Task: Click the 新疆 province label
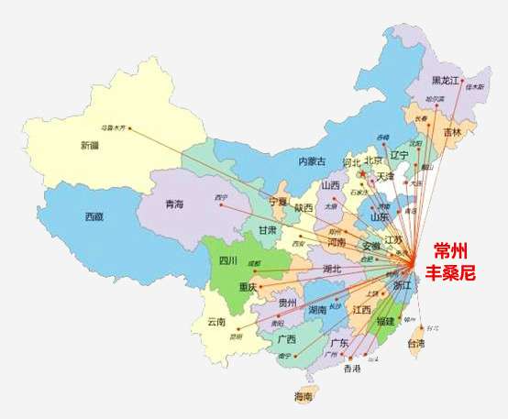90,145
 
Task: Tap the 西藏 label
94,217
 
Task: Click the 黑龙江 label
447,80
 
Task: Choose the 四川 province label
229,260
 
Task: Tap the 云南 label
216,321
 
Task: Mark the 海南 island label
304,396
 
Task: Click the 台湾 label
415,344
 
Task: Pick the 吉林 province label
452,132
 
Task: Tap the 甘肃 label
267,229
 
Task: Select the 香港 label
352,369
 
